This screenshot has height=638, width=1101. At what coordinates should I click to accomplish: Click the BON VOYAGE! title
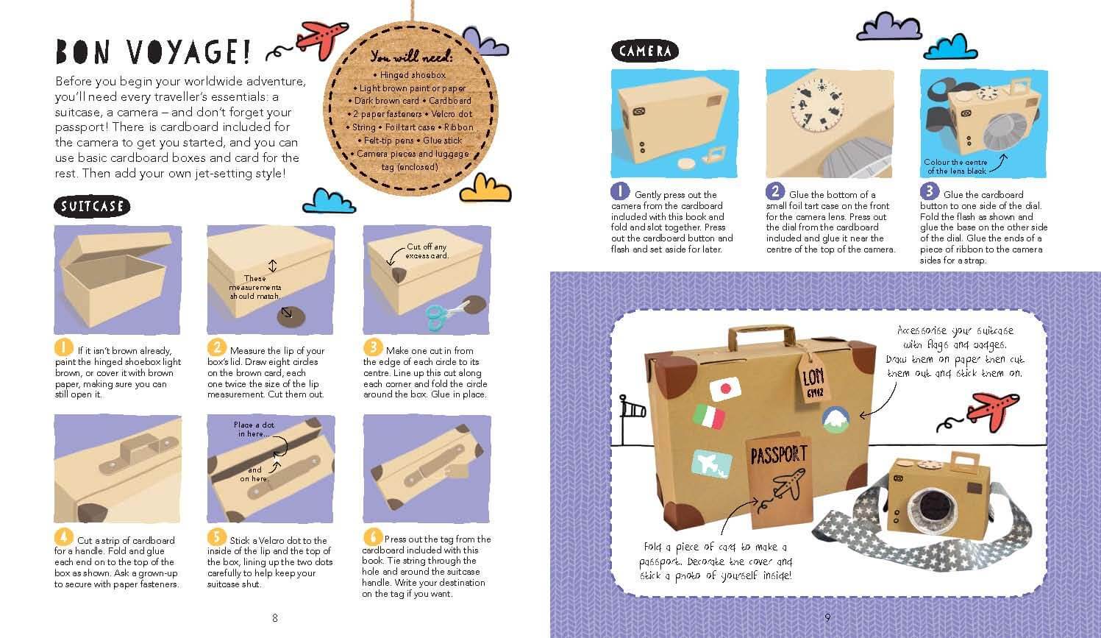(x=153, y=52)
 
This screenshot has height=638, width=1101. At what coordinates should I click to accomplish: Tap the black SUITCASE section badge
(x=92, y=206)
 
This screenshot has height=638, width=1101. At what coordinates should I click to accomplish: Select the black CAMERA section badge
(x=645, y=51)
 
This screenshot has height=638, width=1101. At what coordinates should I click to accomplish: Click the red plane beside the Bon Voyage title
(x=322, y=38)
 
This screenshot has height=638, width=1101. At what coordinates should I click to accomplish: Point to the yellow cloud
(x=485, y=188)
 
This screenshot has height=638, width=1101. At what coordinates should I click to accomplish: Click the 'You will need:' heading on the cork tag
(x=411, y=57)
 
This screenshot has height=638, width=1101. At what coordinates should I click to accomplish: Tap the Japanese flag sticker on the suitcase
(x=725, y=389)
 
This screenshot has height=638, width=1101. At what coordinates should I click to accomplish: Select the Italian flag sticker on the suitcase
(x=709, y=416)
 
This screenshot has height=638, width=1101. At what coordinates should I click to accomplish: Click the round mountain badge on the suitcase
(x=835, y=419)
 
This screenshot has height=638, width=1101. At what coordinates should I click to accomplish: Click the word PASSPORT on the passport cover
(x=779, y=455)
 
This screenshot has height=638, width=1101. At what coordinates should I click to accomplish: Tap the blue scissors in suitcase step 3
(x=442, y=315)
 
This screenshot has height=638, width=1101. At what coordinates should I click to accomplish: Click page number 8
(x=275, y=618)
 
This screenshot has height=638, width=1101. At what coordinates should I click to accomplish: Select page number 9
(x=827, y=617)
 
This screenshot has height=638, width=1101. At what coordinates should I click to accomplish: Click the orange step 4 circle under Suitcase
(x=64, y=537)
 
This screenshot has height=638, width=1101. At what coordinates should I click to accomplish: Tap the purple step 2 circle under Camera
(x=775, y=191)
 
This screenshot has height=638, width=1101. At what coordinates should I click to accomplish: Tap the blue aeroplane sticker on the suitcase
(x=711, y=464)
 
